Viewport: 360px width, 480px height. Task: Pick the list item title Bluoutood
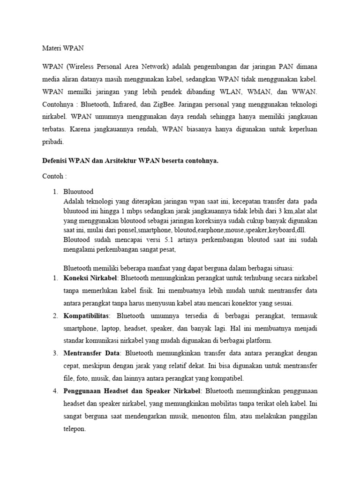[78, 192]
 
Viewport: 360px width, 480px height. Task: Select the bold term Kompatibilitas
[86, 315]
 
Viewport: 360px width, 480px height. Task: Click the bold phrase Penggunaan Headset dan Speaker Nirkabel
[133, 390]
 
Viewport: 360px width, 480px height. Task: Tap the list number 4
[54, 390]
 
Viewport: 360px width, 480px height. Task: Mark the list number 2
[54, 315]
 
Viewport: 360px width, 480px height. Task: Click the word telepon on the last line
[74, 428]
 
